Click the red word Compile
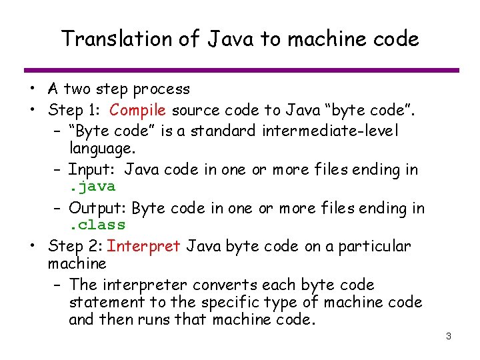pos(138,110)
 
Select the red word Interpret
pos(143,246)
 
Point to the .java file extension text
pos(92,187)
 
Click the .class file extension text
pos(97,225)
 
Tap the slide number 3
pos(448,336)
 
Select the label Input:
pos(94,169)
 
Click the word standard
pos(223,131)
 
